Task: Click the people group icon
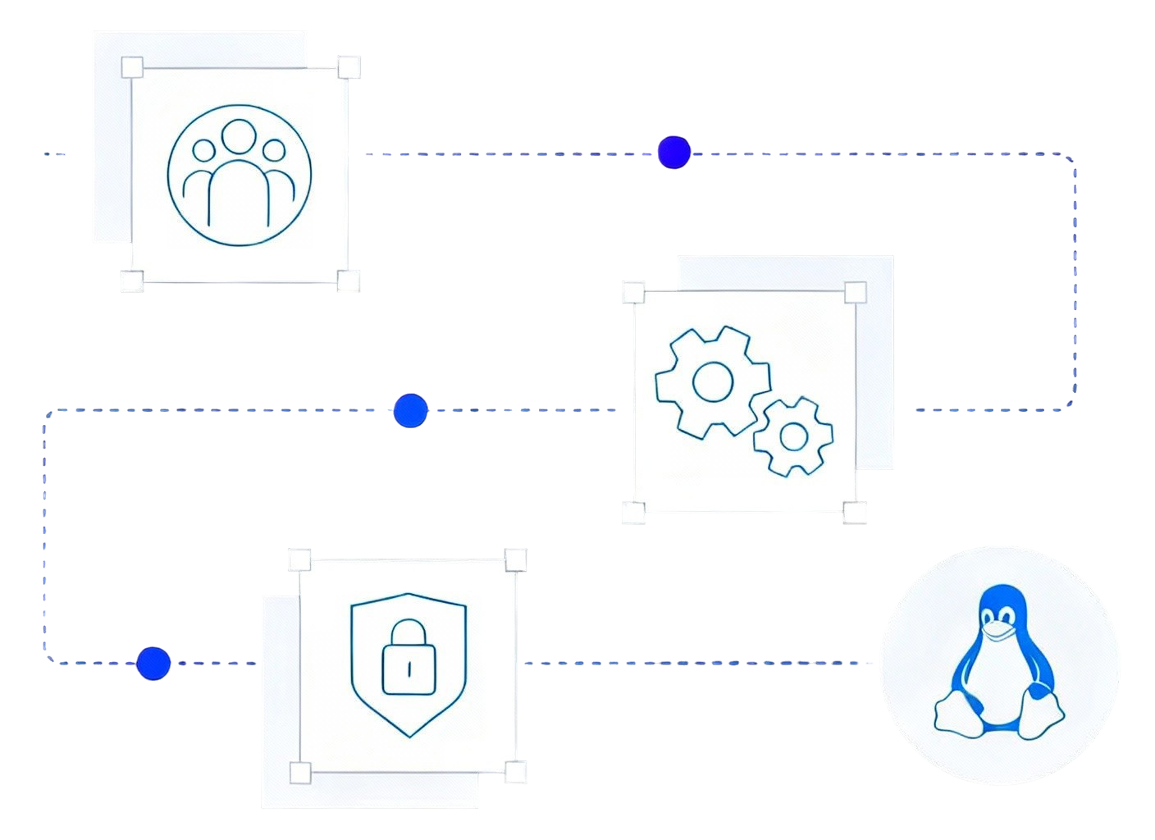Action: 240,174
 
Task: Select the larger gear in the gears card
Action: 712,381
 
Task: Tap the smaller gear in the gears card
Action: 793,436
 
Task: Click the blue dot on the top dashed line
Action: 674,153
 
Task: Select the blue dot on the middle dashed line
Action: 410,411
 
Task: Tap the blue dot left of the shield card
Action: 153,663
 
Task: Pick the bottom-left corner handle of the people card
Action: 132,281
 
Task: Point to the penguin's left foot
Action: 955,713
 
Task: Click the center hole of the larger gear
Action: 712,381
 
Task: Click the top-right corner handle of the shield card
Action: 515,560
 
